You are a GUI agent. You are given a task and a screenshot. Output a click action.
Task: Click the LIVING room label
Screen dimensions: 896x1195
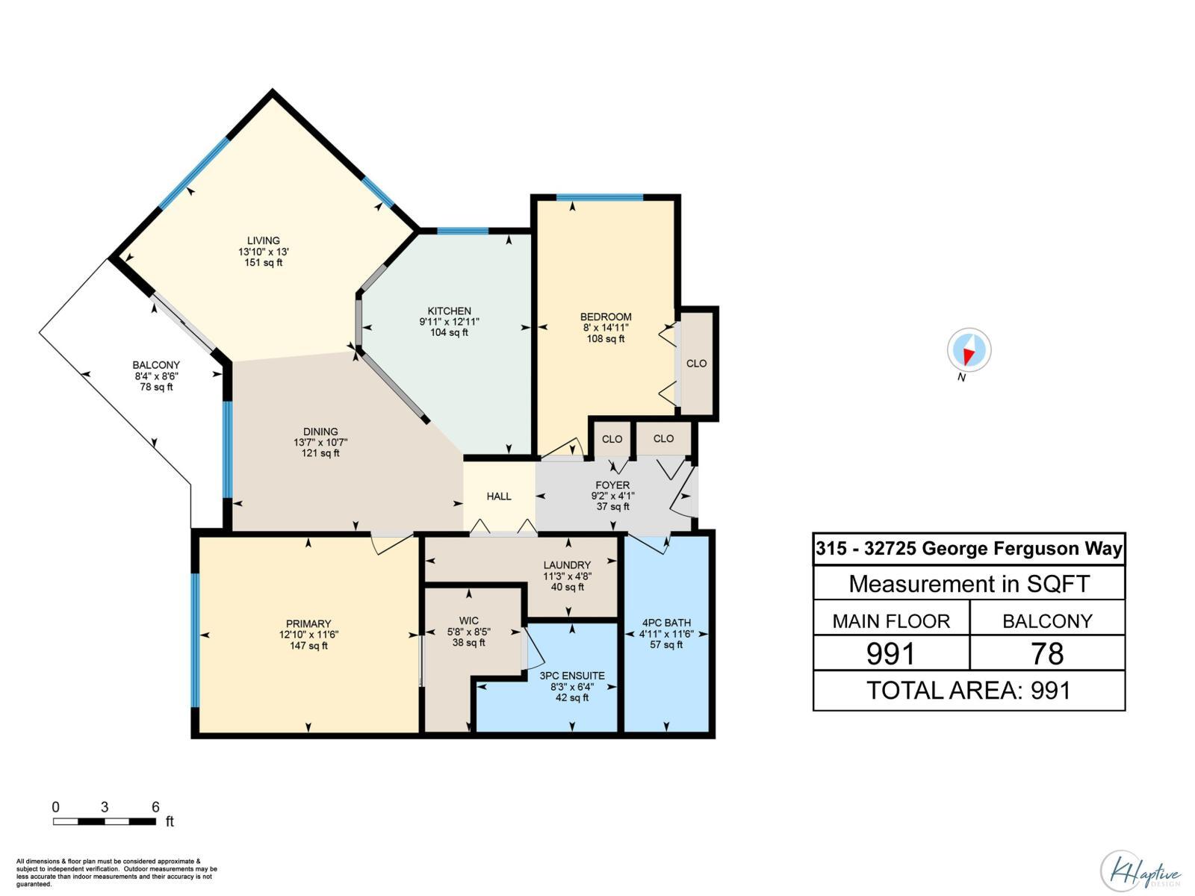click(x=264, y=240)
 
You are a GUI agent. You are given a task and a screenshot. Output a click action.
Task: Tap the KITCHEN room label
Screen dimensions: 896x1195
click(x=449, y=311)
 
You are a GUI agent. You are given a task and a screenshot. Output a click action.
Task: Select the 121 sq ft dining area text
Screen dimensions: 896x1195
click(x=320, y=453)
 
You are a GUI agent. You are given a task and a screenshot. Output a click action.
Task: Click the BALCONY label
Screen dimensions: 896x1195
click(x=156, y=365)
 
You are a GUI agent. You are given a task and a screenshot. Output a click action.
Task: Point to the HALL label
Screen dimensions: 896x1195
click(x=499, y=496)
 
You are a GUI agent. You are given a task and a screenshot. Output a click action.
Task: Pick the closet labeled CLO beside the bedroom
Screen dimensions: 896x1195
click(x=696, y=364)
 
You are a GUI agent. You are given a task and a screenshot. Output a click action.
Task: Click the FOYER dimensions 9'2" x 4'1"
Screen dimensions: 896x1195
click(x=612, y=496)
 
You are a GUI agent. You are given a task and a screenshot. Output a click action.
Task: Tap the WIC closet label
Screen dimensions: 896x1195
click(x=468, y=620)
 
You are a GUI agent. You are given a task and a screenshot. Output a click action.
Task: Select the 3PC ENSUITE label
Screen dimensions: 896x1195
click(x=572, y=676)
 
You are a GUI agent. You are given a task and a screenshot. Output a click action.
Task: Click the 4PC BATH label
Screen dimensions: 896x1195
click(x=666, y=623)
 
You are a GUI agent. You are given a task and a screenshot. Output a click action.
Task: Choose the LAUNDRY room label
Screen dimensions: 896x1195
click(x=567, y=564)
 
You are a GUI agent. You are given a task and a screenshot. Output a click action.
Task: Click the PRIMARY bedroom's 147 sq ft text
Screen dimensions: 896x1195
click(x=308, y=646)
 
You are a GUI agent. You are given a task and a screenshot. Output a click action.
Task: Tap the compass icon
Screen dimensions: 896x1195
click(x=969, y=350)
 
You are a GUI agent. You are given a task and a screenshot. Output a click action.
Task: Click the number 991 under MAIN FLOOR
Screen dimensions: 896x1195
click(x=890, y=653)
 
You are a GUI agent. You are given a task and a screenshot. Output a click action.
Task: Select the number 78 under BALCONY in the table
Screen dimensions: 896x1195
click(x=1047, y=653)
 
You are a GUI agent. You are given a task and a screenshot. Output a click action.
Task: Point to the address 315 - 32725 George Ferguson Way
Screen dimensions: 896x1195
click(x=969, y=549)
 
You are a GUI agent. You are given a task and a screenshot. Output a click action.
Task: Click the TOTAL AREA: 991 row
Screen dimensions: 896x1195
click(x=969, y=690)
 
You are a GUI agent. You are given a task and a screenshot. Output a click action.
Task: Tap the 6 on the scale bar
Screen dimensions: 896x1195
click(x=155, y=807)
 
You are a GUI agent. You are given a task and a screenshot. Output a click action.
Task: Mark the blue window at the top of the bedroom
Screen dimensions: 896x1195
click(x=599, y=197)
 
